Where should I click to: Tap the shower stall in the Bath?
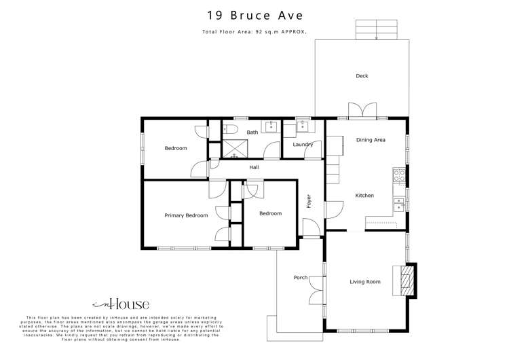coord(236,147)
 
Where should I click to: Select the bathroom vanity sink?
coord(271,126)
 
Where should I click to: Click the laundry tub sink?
coord(302,126)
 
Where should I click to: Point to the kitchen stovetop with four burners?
coord(400,177)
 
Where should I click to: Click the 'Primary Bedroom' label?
coord(186,215)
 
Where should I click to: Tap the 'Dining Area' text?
coord(371,140)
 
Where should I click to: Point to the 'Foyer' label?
coord(308,201)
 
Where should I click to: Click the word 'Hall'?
coord(254,167)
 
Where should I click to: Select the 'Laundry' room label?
coord(302,145)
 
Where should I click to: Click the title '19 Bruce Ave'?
coord(254,15)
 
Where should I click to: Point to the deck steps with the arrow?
coord(376,30)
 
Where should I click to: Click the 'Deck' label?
coord(362,76)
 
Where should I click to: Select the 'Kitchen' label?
coord(364,196)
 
